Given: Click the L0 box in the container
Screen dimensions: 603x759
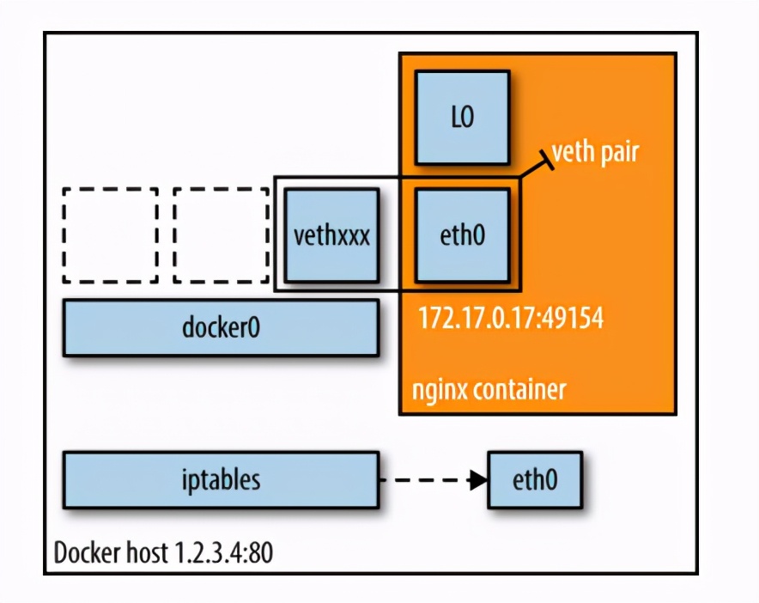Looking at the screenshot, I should tap(462, 118).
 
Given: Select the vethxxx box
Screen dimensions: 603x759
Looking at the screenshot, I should tap(331, 235).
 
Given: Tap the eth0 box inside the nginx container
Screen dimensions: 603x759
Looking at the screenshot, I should tap(462, 235).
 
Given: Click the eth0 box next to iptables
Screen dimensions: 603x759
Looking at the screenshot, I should tap(534, 479).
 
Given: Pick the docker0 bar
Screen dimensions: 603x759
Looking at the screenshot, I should tap(221, 328).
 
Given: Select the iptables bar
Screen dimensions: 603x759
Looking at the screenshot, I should tap(221, 479).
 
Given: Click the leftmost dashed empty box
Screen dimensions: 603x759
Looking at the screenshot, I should tap(110, 235).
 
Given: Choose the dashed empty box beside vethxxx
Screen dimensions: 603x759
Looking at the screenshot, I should tap(221, 235).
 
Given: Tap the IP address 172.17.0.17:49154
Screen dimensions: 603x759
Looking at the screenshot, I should tap(511, 319).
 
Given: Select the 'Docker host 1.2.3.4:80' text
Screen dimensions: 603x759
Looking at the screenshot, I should tap(163, 553).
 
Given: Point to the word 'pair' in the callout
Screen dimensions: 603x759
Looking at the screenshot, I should tap(618, 154).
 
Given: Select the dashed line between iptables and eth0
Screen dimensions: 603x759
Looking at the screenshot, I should tap(425, 480).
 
